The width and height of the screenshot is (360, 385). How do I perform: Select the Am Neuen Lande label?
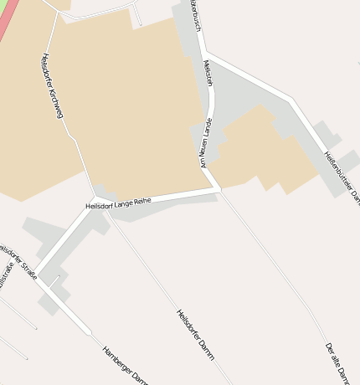pos(206,142)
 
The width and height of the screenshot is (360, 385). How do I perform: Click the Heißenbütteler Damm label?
pos(342,176)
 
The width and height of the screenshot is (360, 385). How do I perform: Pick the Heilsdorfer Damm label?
pos(195,335)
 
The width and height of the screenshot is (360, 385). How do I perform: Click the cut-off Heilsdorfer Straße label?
pos(18,261)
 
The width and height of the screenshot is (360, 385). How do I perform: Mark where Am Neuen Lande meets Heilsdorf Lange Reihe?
pos(219,190)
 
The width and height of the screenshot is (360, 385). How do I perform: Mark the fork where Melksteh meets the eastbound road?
pos(208,54)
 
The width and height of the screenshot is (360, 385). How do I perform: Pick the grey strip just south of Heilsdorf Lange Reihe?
pos(159,208)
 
